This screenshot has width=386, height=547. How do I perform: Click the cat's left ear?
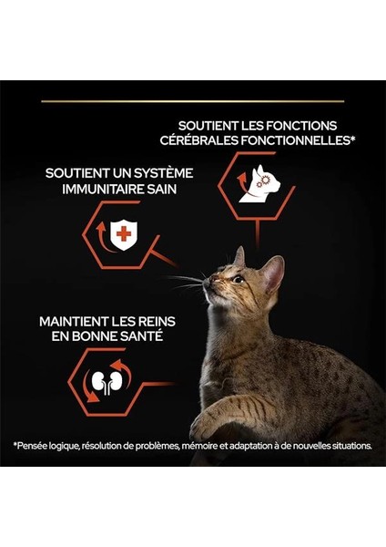tap(239, 256)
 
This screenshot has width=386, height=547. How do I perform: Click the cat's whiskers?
tap(187, 282)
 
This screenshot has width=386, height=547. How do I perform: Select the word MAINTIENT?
tap(76, 322)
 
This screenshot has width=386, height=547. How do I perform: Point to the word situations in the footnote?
tap(350, 446)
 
